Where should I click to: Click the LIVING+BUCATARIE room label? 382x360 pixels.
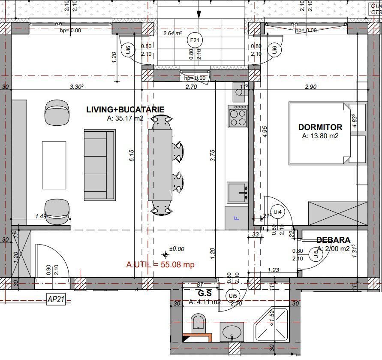point(125,109)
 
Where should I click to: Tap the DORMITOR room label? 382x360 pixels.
point(320,127)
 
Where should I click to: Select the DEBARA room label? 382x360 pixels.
point(333,240)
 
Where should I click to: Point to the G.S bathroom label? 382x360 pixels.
point(205,293)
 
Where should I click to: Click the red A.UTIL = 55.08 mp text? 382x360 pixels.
point(160,264)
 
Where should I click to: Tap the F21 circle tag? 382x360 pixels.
point(195,40)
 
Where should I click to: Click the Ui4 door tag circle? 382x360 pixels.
point(278,212)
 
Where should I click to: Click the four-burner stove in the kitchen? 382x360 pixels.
point(238,116)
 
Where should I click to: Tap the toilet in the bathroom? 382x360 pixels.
point(198,323)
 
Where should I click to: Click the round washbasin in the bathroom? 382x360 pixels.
point(232,331)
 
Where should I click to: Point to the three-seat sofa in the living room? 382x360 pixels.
point(99,165)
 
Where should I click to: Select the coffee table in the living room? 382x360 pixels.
point(54,165)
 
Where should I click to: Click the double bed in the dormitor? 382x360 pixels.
point(319,133)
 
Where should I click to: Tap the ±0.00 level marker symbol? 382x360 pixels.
point(166,255)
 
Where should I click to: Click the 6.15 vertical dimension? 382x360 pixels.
point(132,156)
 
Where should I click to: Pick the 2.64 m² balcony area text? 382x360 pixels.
point(172,33)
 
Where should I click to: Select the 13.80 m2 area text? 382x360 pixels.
point(320,136)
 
